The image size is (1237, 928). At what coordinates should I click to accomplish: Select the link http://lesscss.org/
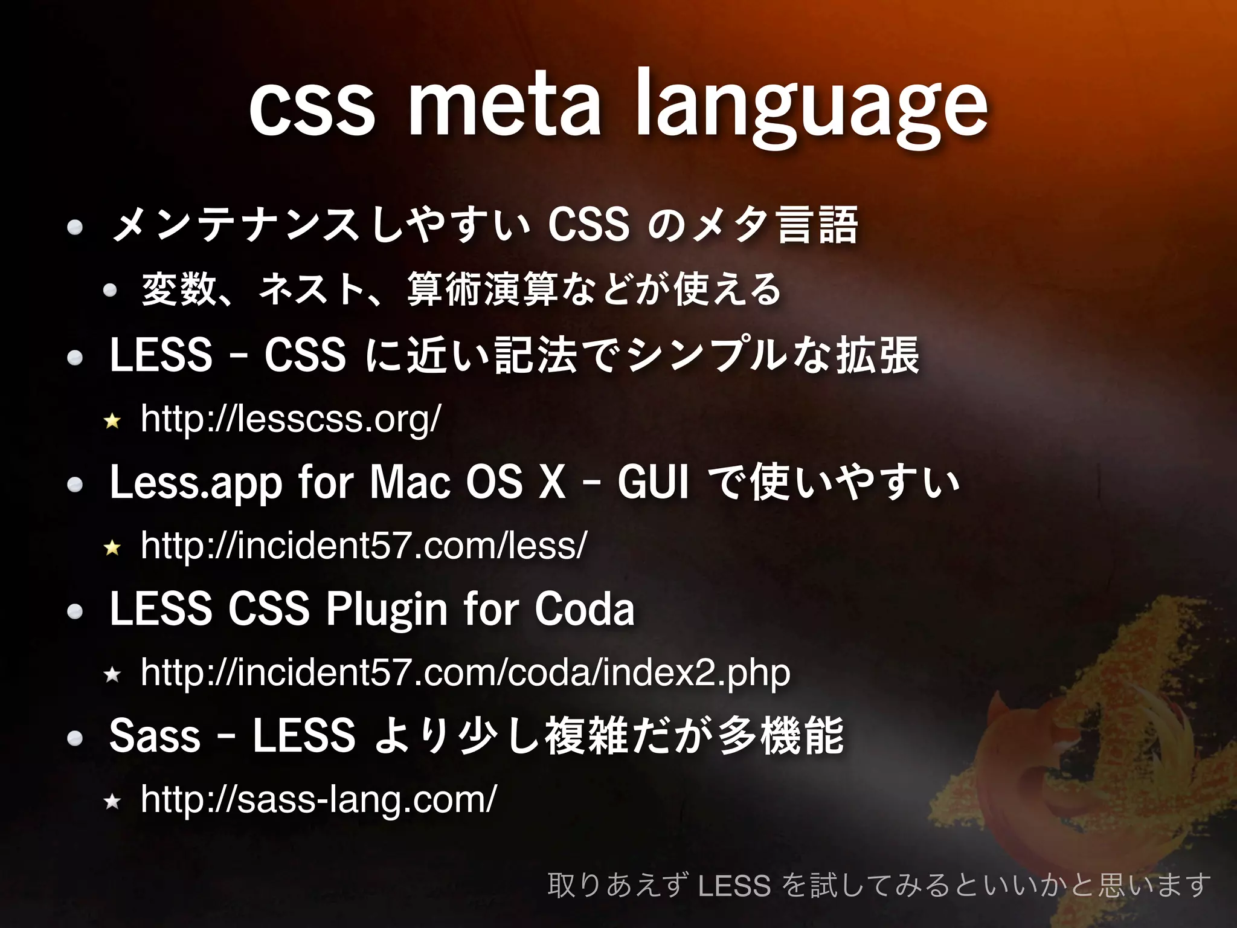point(291,419)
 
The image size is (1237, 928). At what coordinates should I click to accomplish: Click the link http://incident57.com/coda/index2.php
point(465,672)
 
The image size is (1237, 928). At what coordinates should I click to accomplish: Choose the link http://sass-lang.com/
point(318,799)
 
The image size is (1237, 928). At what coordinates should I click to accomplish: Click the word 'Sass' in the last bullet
point(155,736)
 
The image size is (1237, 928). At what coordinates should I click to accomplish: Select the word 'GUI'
point(652,482)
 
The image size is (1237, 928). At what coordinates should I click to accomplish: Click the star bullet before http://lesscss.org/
point(112,420)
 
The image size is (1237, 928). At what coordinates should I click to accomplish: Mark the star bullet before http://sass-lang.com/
point(112,802)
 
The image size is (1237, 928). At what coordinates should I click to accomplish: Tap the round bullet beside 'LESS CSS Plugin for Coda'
point(75,612)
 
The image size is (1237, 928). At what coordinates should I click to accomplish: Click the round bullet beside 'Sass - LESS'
point(75,738)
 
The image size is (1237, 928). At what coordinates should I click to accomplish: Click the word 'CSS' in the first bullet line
point(588,225)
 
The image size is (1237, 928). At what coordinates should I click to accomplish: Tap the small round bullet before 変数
point(110,291)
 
